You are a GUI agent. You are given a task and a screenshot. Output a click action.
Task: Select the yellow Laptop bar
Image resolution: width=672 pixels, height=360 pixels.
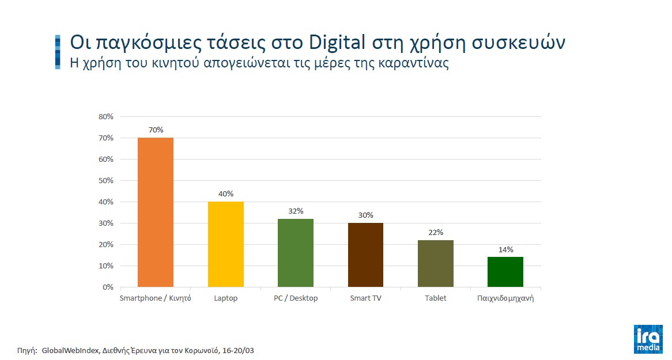pos(225,244)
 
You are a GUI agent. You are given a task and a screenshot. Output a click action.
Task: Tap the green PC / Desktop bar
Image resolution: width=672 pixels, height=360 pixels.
pos(296,253)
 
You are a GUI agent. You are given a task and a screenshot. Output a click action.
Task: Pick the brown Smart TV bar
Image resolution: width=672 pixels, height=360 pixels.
pos(365,255)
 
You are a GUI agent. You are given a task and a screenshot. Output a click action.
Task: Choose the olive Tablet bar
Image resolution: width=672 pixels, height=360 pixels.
pos(436,263)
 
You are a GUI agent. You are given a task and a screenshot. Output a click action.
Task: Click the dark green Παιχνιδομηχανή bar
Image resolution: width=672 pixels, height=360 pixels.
pos(505,272)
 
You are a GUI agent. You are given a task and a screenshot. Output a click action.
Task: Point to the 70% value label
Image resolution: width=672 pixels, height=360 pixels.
pos(156,130)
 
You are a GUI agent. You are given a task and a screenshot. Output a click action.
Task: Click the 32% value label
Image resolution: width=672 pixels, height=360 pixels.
pos(296,211)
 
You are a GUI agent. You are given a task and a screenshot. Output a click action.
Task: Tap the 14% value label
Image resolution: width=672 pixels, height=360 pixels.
pos(505,249)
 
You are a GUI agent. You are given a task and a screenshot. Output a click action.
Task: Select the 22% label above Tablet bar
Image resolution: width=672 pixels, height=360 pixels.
pos(436,233)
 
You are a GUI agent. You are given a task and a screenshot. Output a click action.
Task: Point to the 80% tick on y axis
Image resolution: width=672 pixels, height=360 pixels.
pos(106,117)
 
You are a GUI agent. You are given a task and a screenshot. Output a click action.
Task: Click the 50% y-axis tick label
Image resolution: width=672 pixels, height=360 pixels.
pos(106,181)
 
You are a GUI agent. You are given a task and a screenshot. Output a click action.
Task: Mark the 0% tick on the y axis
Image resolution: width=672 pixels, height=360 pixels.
pos(108,287)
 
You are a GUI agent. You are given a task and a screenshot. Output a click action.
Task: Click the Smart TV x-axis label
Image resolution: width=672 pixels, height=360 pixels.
pos(365,298)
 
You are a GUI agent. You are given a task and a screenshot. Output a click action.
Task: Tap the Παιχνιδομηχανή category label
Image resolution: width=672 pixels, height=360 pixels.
pos(505,298)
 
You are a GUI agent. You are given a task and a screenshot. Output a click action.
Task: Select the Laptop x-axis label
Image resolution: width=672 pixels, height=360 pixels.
pos(225,298)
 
